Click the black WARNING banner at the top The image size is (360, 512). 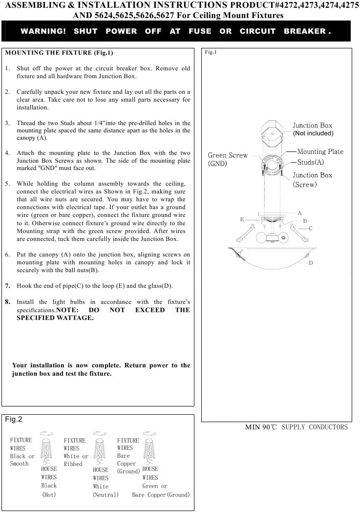click(x=176, y=31)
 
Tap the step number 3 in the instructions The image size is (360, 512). click(x=7, y=123)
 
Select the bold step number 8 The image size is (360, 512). click(x=7, y=302)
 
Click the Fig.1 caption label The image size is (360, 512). click(x=211, y=52)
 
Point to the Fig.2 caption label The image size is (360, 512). click(x=14, y=419)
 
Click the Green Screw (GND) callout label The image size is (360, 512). click(x=228, y=159)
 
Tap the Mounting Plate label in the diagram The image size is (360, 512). click(x=320, y=152)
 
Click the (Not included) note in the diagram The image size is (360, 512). click(x=313, y=133)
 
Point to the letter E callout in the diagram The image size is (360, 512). click(x=242, y=220)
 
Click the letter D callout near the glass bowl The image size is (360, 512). click(x=311, y=263)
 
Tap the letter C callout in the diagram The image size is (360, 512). click(x=310, y=228)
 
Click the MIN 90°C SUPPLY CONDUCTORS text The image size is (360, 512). click(x=296, y=427)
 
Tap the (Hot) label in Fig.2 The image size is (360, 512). click(x=49, y=494)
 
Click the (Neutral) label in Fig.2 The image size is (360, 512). click(x=106, y=494)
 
